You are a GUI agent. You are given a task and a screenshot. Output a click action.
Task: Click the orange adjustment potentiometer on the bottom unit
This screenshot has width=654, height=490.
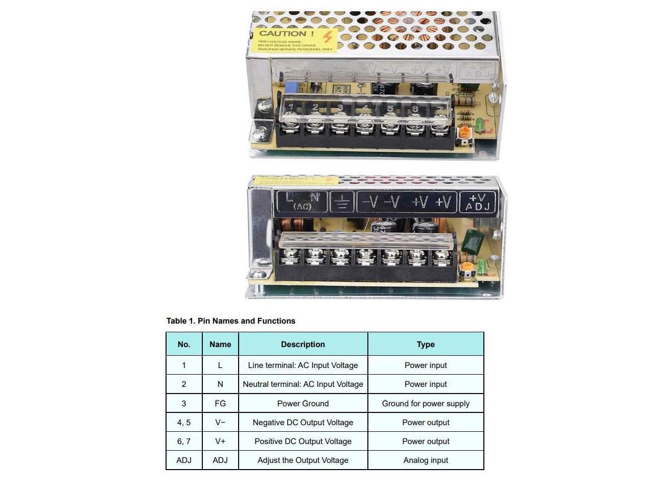466,268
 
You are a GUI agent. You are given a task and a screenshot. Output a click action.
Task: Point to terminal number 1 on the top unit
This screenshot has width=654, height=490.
291,107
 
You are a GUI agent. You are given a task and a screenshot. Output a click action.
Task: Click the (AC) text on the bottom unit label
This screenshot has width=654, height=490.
302,206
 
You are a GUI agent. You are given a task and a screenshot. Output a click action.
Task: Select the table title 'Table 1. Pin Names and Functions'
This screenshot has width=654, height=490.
231,321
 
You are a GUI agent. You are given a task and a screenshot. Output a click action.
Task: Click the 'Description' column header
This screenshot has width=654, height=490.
303,345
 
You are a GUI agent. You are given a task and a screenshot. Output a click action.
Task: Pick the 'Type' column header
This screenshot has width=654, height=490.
426,345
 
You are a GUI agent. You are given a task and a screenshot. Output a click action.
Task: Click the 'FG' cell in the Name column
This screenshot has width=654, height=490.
220,403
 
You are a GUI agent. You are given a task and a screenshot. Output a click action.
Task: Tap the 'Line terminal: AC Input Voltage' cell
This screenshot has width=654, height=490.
303,365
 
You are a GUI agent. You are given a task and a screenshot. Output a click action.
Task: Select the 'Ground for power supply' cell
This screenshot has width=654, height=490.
426,403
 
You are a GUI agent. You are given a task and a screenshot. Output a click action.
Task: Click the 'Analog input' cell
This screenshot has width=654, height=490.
426,460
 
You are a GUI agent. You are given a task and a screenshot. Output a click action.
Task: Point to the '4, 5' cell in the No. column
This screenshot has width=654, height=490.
184,423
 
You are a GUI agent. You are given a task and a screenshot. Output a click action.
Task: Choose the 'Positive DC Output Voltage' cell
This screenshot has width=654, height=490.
303,442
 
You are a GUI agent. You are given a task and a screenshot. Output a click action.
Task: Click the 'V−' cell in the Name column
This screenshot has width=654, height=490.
220,423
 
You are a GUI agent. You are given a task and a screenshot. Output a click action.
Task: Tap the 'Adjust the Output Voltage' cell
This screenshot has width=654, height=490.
303,460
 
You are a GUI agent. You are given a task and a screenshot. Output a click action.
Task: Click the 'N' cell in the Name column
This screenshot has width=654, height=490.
220,384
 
